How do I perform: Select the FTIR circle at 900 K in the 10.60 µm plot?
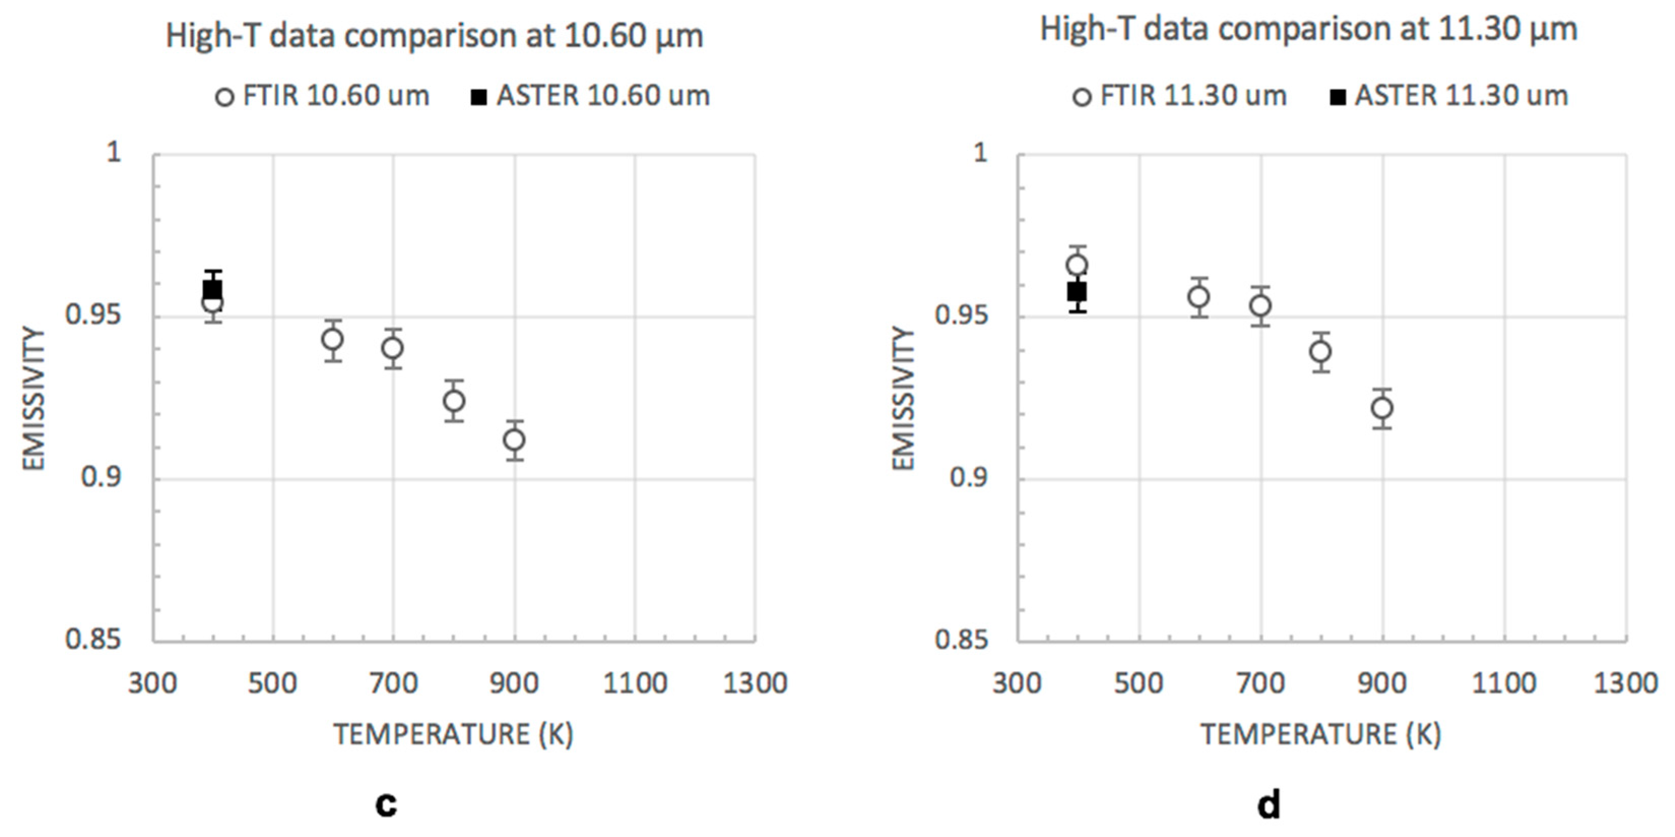point(514,440)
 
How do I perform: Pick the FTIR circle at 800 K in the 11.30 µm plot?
point(1321,352)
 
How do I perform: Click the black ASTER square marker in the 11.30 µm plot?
point(1077,292)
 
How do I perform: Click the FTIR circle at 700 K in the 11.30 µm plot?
point(1261,305)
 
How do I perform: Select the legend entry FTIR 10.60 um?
point(323,96)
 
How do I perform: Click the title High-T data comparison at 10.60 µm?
point(434,35)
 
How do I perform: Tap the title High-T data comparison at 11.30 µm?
point(1309,29)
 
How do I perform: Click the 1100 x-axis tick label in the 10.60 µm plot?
point(635,684)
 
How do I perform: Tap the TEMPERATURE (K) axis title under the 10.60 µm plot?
point(454,735)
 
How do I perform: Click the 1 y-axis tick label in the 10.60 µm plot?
point(114,153)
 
